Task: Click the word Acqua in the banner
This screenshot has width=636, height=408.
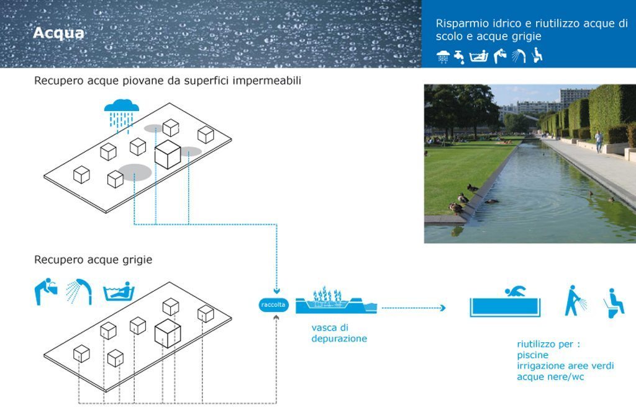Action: (x=58, y=33)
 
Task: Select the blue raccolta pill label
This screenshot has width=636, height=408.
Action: (x=273, y=305)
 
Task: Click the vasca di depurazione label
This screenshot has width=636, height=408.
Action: (x=339, y=333)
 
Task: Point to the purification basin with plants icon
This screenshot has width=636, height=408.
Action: (x=336, y=301)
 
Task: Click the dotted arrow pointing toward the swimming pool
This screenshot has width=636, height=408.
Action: (x=414, y=308)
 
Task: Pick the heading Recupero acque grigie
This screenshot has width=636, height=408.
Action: (x=93, y=259)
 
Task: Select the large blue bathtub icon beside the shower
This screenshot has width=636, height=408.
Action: (x=119, y=291)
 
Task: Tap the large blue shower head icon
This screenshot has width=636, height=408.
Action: (x=79, y=291)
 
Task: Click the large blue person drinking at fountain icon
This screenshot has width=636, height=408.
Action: (x=45, y=291)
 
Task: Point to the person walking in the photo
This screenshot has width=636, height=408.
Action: (x=599, y=141)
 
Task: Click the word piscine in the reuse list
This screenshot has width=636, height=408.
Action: (x=532, y=355)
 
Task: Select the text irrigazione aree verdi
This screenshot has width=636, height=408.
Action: (x=565, y=366)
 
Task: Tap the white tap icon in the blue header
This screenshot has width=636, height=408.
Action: (x=459, y=57)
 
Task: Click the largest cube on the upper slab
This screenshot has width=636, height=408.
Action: (x=168, y=154)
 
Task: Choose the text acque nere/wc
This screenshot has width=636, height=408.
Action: (x=550, y=377)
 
